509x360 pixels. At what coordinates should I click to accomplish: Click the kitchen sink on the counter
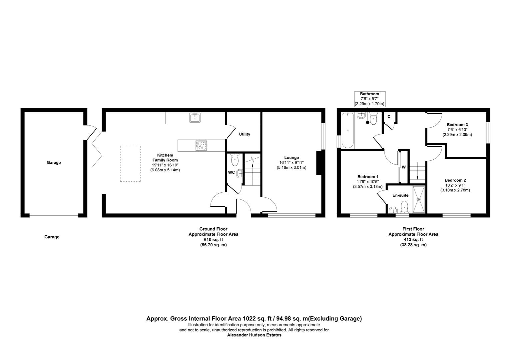pyautogui.click(x=195, y=118)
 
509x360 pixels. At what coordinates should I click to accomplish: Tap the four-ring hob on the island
pyautogui.click(x=201, y=145)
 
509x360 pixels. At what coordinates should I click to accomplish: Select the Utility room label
pyautogui.click(x=244, y=134)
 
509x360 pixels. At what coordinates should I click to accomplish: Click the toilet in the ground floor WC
pyautogui.click(x=235, y=160)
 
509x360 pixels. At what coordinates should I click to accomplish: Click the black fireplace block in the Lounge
pyautogui.click(x=319, y=163)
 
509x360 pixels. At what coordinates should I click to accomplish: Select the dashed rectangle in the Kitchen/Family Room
pyautogui.click(x=130, y=164)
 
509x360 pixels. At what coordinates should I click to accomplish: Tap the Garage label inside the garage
pyautogui.click(x=54, y=163)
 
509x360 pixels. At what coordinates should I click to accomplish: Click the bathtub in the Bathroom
pyautogui.click(x=347, y=130)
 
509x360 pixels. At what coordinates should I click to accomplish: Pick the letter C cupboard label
pyautogui.click(x=389, y=117)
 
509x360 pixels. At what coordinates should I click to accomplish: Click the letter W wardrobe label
pyautogui.click(x=403, y=167)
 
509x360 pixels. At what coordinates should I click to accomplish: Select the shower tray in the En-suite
pyautogui.click(x=419, y=199)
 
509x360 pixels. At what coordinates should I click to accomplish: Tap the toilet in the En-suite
pyautogui.click(x=405, y=206)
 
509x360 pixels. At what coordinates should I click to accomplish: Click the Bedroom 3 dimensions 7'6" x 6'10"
pyautogui.click(x=457, y=129)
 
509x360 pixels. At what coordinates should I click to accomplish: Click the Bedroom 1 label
pyautogui.click(x=367, y=177)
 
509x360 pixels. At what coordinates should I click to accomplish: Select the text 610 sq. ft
pyautogui.click(x=213, y=240)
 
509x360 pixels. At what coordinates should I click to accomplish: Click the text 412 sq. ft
pyautogui.click(x=413, y=240)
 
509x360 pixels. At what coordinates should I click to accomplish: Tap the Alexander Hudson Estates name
pyautogui.click(x=254, y=335)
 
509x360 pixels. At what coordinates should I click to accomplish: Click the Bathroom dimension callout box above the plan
pyautogui.click(x=369, y=99)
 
